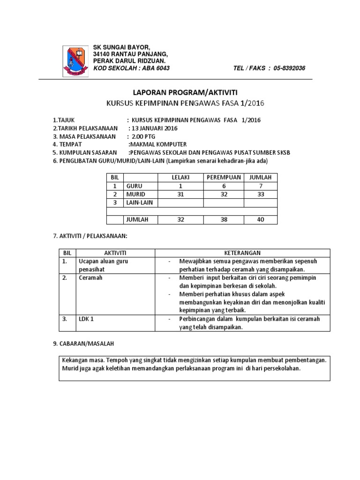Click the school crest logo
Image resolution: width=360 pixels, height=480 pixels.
click(x=75, y=61)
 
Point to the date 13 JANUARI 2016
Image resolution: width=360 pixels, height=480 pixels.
click(x=156, y=128)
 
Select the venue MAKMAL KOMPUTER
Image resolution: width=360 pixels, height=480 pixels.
click(x=158, y=144)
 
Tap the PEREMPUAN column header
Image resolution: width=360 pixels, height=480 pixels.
click(x=223, y=178)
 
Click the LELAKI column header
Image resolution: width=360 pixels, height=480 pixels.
click(x=180, y=178)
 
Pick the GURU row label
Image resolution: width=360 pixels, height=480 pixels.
click(x=134, y=186)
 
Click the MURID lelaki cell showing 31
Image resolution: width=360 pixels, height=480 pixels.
click(x=180, y=194)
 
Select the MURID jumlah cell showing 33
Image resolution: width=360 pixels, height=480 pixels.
click(x=261, y=194)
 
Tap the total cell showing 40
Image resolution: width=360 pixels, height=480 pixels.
click(x=261, y=219)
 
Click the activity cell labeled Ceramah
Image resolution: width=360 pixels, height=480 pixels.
click(x=90, y=278)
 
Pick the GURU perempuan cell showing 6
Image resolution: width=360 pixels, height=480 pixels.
click(x=223, y=186)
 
